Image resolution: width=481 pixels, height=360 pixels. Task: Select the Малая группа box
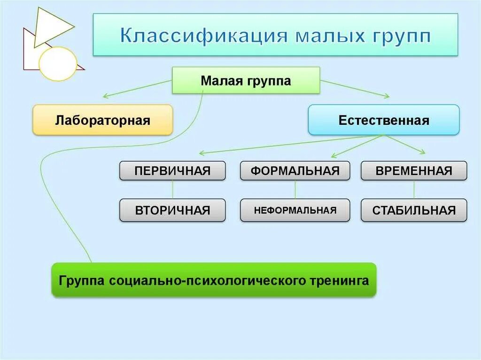(x=246, y=81)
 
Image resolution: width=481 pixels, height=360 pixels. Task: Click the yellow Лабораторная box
(x=102, y=121)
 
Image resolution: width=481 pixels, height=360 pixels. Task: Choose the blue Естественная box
(x=383, y=121)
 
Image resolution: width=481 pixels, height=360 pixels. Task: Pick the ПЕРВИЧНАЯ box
(x=172, y=171)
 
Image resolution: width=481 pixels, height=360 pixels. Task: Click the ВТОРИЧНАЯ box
(x=172, y=210)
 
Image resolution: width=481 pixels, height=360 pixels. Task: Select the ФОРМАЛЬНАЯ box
(x=295, y=171)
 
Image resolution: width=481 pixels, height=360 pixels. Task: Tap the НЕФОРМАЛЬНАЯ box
(x=295, y=210)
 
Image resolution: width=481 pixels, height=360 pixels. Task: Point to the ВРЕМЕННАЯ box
(x=414, y=171)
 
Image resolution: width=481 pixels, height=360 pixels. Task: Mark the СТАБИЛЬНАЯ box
(x=414, y=210)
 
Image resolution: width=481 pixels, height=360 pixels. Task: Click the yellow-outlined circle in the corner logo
(x=57, y=64)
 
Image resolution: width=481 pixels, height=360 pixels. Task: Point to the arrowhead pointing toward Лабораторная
(x=105, y=96)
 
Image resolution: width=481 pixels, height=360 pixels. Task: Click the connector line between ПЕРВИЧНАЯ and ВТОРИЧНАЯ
(x=172, y=190)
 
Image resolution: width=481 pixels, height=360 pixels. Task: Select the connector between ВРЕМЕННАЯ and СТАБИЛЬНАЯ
(x=414, y=190)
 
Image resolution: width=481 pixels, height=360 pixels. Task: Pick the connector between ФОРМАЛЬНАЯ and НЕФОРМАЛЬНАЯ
(x=295, y=190)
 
